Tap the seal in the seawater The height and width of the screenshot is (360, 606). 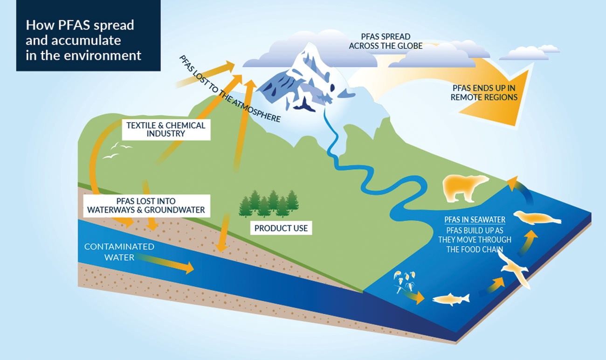point(537,218)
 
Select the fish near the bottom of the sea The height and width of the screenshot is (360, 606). point(451,299)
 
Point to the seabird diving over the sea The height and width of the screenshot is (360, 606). point(514,270)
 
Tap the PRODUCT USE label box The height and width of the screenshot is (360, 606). point(281,228)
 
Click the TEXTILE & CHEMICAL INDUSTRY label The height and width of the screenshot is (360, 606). point(166,129)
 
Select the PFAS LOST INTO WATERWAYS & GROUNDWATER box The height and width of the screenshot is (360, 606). point(146,206)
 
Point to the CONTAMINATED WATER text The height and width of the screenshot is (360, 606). point(119,252)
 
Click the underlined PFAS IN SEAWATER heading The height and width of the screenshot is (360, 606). point(475,220)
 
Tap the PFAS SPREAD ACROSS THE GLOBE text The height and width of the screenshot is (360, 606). point(386,41)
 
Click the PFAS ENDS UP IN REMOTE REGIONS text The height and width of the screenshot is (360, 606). point(484,93)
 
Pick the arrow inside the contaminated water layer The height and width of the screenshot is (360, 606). point(164,262)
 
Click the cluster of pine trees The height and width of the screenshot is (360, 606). point(269,203)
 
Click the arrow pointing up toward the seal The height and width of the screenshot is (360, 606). point(528,242)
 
